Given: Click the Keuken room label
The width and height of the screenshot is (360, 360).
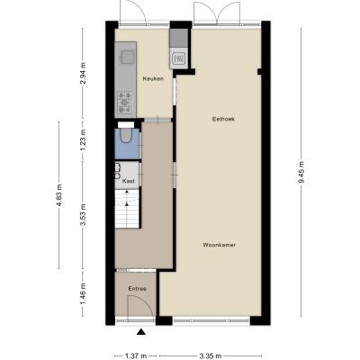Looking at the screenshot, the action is click(x=153, y=79).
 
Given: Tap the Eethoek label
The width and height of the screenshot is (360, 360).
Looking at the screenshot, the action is click(x=223, y=119).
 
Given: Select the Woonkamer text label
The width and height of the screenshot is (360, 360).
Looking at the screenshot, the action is click(x=220, y=245).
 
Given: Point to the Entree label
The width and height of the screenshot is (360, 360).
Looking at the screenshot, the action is click(x=138, y=289).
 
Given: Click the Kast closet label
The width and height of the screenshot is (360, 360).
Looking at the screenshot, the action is click(x=128, y=181).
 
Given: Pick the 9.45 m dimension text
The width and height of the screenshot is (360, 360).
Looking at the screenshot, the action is click(x=301, y=172).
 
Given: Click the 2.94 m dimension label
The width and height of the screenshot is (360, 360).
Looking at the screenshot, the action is click(x=83, y=73).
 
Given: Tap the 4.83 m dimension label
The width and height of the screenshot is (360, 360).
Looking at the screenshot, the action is click(x=59, y=195).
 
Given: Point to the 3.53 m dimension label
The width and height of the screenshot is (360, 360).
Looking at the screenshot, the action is click(x=83, y=215).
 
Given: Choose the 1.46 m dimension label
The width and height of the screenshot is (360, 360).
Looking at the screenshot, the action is click(x=83, y=294).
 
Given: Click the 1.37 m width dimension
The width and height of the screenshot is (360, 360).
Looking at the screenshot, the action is click(x=136, y=356).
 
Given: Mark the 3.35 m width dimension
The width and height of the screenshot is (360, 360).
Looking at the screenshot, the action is click(x=211, y=356).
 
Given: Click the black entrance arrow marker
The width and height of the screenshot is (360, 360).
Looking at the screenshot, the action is click(x=141, y=332).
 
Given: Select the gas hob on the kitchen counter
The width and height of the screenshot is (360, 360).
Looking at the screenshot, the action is click(x=124, y=103).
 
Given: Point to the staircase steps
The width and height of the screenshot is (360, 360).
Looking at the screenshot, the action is click(x=127, y=209).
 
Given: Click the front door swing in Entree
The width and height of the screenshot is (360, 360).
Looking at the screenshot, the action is click(x=140, y=306).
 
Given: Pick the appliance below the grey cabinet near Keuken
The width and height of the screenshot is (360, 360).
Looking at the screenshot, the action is click(x=179, y=59).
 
